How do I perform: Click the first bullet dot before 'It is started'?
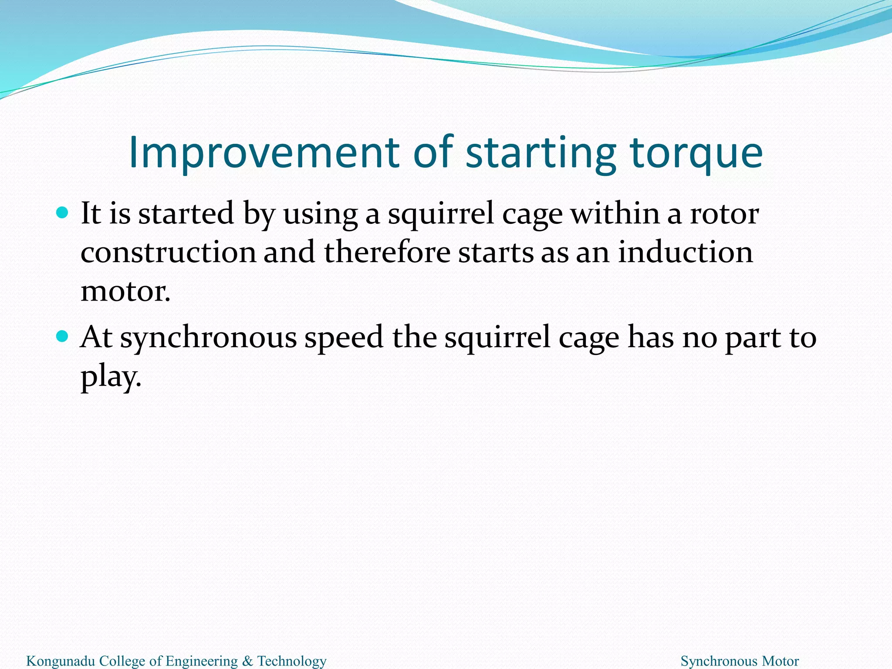[63, 213]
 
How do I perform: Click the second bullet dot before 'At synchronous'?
[63, 336]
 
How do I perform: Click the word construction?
[169, 253]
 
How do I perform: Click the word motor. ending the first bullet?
[125, 291]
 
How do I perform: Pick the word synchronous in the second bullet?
[208, 338]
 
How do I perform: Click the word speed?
[344, 338]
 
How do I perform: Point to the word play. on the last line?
[111, 377]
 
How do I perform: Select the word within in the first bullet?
[615, 214]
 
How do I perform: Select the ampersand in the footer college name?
[247, 661]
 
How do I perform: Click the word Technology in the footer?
[292, 661]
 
